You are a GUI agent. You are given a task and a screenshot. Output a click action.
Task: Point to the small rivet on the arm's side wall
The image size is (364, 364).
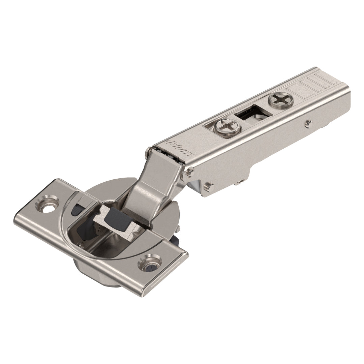[x=308, y=124]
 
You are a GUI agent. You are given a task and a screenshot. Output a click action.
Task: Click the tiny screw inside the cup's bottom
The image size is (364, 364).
[x=81, y=245]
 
